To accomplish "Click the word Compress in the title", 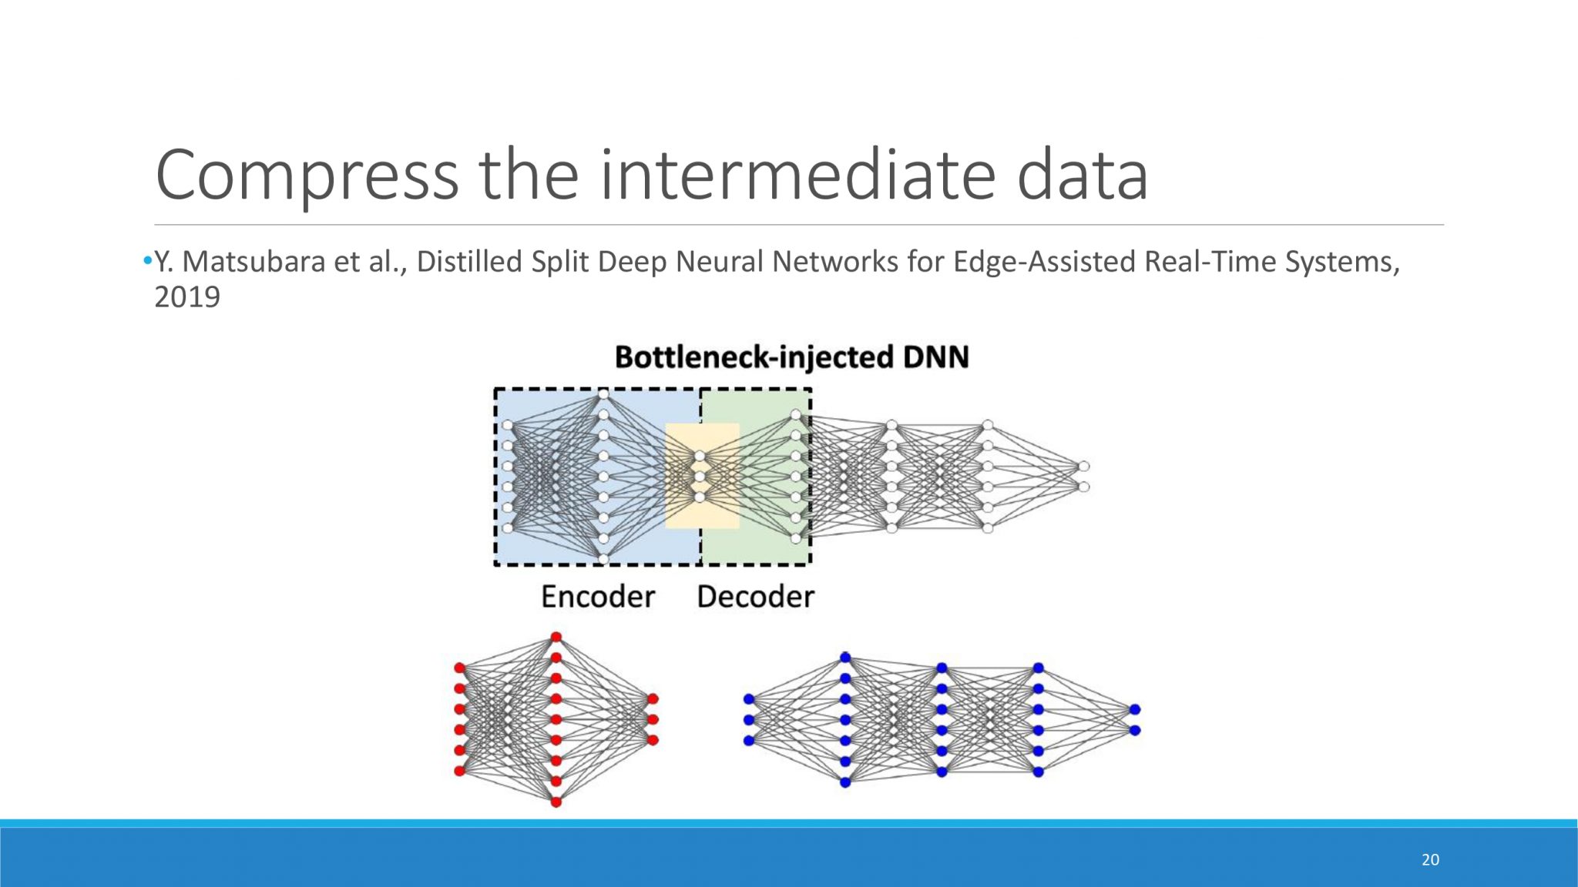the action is [307, 176].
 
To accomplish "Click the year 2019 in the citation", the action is [187, 297].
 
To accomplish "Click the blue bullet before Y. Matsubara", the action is [147, 262].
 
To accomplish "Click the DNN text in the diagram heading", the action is [936, 357].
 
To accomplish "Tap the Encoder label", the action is [598, 597].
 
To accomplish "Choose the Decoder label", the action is [755, 597].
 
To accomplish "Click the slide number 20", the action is [1430, 860].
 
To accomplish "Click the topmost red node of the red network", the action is [556, 638].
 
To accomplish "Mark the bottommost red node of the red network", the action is [556, 802].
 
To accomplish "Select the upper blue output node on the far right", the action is [1134, 709].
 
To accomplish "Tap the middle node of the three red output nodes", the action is [653, 719].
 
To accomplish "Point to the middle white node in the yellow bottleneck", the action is [700, 477].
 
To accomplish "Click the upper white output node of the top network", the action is [1084, 467].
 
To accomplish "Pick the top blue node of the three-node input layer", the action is [749, 699].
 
